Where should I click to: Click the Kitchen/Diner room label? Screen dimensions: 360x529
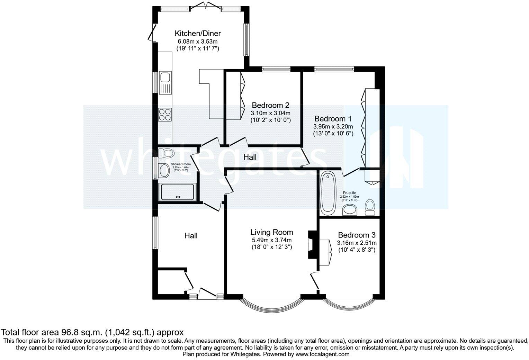tap(197, 34)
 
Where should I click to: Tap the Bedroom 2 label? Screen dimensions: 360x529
tap(270, 105)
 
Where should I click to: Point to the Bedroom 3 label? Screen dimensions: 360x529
tap(357, 235)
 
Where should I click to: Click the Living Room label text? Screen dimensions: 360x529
tap(272, 232)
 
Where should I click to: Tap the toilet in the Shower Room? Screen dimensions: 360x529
tap(166, 153)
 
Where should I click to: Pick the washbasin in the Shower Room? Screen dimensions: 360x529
tap(164, 170)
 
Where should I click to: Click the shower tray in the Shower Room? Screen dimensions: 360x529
tap(177, 192)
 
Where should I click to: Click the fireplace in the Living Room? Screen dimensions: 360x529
tap(311, 245)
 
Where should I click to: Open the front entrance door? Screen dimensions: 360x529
tap(207, 293)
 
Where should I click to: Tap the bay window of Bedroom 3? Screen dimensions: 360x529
tap(348, 305)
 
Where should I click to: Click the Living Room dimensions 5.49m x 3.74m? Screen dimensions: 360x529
tap(272, 240)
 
